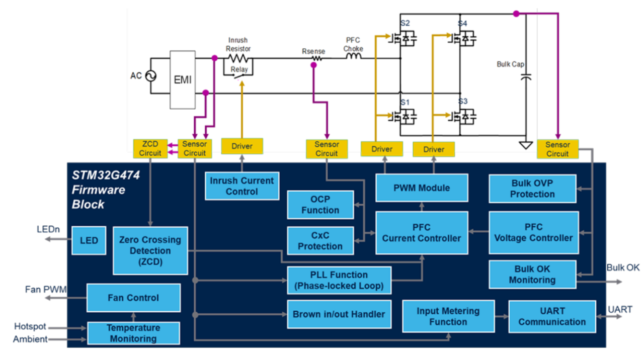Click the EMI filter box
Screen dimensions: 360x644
coord(182,79)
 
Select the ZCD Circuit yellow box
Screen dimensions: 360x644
coord(150,148)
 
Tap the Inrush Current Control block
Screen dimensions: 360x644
coord(242,186)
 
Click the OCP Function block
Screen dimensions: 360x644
coord(320,205)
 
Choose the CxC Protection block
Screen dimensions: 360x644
coord(320,241)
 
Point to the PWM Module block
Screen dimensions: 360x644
coord(422,188)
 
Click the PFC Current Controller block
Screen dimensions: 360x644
coord(422,233)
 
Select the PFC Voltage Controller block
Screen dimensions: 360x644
coord(533,233)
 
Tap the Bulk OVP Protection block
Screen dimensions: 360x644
coord(532,189)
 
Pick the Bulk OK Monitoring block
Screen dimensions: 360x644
coord(532,275)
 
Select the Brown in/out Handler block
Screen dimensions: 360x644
coord(339,314)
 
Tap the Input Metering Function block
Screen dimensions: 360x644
coord(448,316)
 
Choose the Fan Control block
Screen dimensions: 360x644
coord(133,298)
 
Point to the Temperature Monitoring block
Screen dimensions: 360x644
coord(133,333)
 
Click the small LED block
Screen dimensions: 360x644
coord(90,240)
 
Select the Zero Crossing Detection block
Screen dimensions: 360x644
coord(150,250)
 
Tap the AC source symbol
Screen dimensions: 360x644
coord(150,76)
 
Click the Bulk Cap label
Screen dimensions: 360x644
coord(510,64)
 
